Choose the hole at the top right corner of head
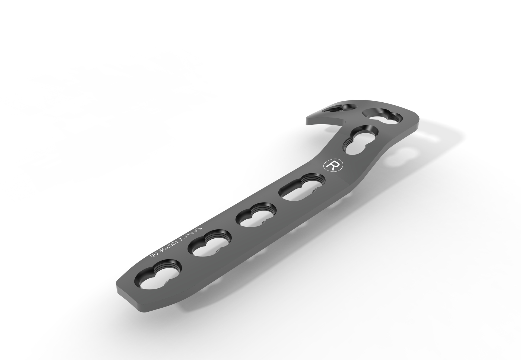pos(383,116)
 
